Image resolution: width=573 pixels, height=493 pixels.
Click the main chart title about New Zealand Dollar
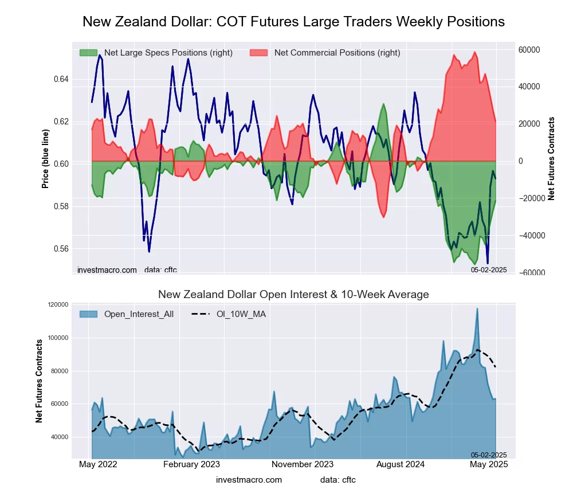(293, 22)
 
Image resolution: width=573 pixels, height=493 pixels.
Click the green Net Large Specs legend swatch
(88, 53)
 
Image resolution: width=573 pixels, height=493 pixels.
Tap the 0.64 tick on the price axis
(61, 79)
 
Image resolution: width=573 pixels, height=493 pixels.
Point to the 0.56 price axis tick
(61, 249)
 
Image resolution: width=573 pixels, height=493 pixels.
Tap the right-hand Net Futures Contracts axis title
(551, 159)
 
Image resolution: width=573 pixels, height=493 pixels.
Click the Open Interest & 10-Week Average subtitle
(293, 295)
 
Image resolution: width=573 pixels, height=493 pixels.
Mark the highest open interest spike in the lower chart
(477, 308)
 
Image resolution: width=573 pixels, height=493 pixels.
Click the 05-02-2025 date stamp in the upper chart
(489, 269)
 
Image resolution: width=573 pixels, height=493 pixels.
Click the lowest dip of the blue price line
(488, 263)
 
